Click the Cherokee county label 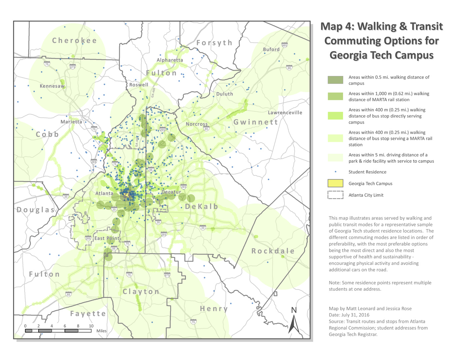(74, 41)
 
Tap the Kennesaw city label (52, 86)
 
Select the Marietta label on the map (71, 122)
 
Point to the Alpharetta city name (170, 60)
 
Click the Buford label (271, 50)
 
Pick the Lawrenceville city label (285, 113)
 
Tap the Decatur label (171, 192)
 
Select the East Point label (107, 238)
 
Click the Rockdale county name (273, 251)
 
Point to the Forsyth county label (214, 43)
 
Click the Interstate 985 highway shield (284, 45)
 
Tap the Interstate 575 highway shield (73, 67)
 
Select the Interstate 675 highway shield (167, 275)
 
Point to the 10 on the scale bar (91, 326)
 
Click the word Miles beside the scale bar (102, 331)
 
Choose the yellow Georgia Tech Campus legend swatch (335, 183)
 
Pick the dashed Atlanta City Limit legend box (335, 195)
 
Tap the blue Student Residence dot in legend (335, 172)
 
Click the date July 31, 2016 (355, 315)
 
